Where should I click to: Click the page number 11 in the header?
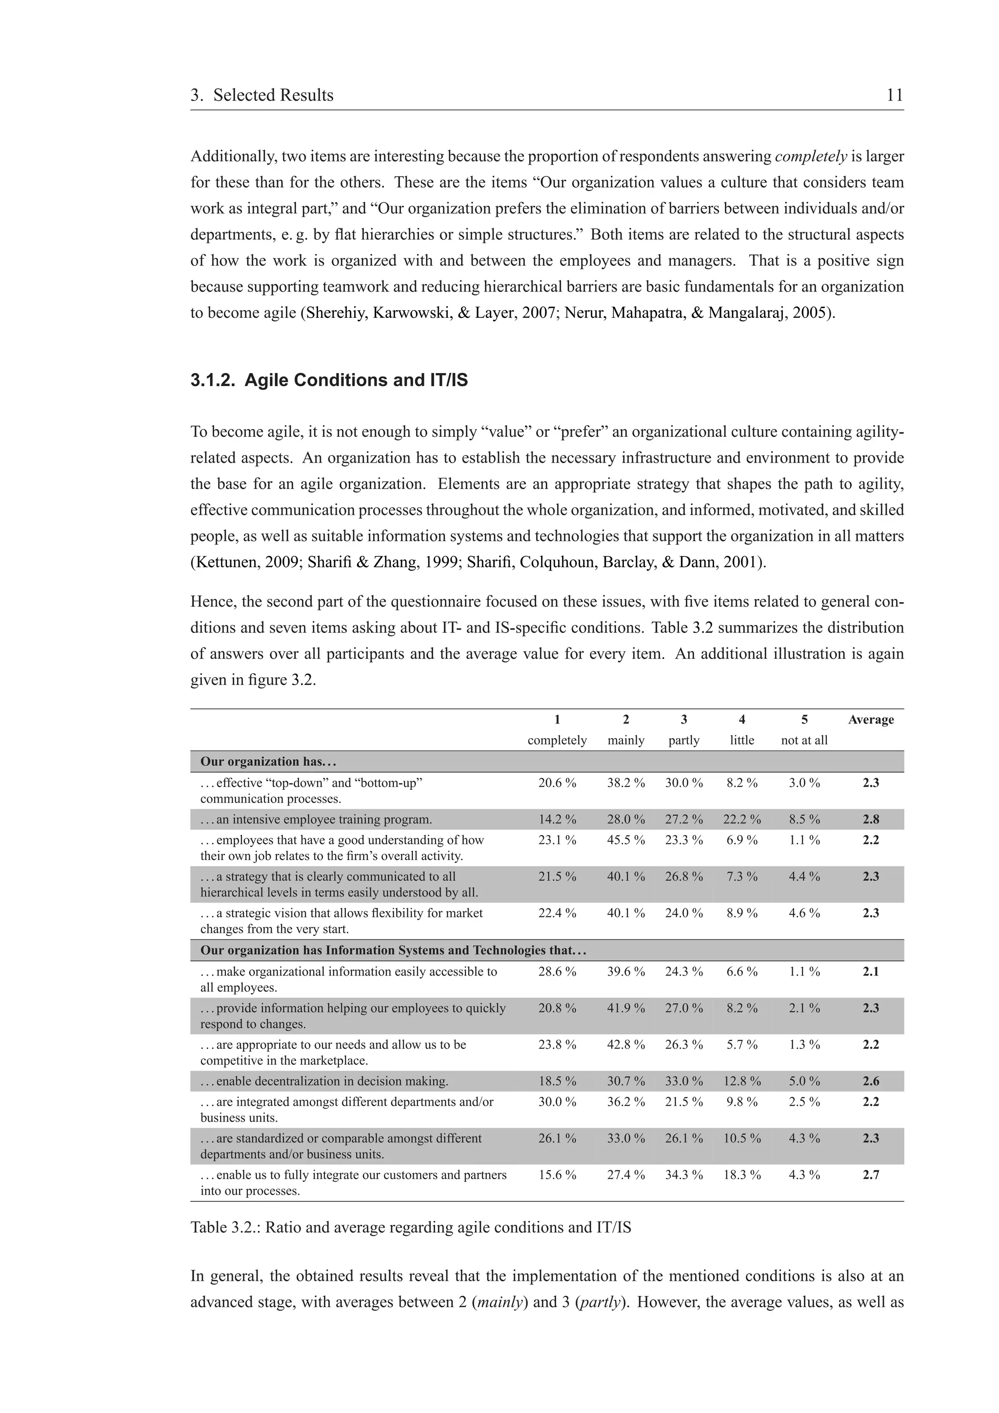pyautogui.click(x=894, y=96)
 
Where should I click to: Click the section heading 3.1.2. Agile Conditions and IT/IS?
pyautogui.click(x=329, y=380)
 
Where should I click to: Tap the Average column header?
pyautogui.click(x=870, y=720)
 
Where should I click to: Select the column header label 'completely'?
pyautogui.click(x=557, y=740)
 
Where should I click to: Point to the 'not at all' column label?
pyautogui.click(x=804, y=740)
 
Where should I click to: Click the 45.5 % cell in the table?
pyautogui.click(x=625, y=840)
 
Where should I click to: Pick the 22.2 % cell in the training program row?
pyautogui.click(x=742, y=820)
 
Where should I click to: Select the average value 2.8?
pyautogui.click(x=870, y=820)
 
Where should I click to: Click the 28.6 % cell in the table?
pyautogui.click(x=557, y=972)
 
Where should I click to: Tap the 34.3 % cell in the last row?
pyautogui.click(x=683, y=1175)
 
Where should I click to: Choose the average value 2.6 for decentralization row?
pyautogui.click(x=870, y=1081)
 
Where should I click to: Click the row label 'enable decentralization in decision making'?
pyautogui.click(x=324, y=1081)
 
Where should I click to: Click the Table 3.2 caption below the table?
pyautogui.click(x=411, y=1228)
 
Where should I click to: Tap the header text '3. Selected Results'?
pyautogui.click(x=261, y=96)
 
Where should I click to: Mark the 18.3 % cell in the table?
pyautogui.click(x=742, y=1175)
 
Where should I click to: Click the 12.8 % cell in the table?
pyautogui.click(x=742, y=1081)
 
